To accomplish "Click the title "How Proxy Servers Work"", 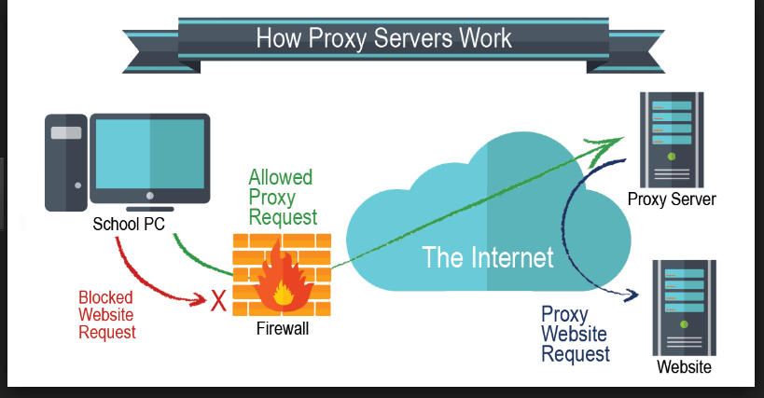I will click(x=383, y=38).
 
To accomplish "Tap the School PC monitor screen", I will click(x=150, y=154).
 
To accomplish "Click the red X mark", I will click(x=219, y=299).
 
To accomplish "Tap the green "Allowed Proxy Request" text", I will click(x=281, y=198).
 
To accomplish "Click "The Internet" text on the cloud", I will click(x=488, y=256).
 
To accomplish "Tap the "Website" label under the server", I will click(x=684, y=367).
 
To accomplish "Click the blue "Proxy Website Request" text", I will click(x=576, y=334).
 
